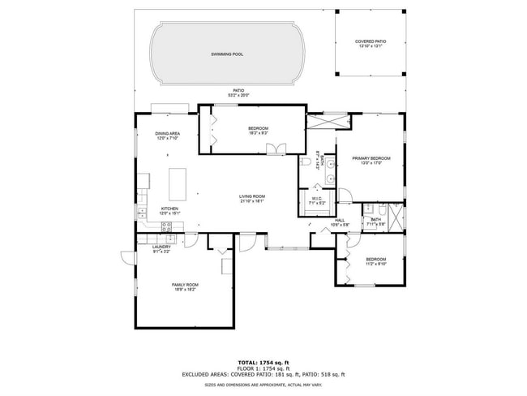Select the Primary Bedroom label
371,158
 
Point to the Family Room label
185,285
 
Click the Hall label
340,219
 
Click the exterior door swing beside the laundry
127,258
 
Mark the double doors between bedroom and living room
279,148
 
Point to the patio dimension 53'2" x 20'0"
238,95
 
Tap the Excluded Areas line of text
263,374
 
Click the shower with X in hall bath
395,217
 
